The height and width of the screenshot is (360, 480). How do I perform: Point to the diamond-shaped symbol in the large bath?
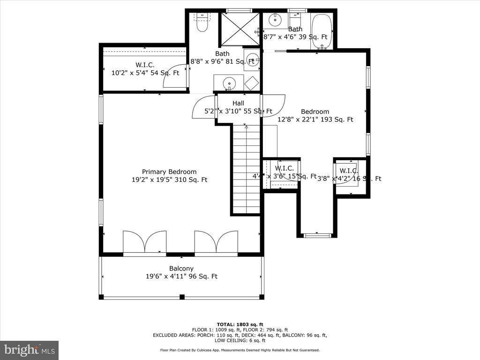(x=252, y=83)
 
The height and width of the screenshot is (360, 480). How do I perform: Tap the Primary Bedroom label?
(x=169, y=172)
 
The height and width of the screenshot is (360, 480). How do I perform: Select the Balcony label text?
(x=181, y=269)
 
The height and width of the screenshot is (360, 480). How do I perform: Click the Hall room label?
(x=238, y=103)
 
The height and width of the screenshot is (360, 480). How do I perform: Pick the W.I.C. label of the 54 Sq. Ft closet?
(x=145, y=65)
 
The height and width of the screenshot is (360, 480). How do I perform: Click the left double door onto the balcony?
(x=145, y=242)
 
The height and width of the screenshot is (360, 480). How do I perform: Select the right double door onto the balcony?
(x=216, y=242)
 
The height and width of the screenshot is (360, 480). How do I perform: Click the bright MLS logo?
(x=29, y=350)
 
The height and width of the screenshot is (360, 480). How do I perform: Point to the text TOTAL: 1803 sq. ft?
(x=240, y=324)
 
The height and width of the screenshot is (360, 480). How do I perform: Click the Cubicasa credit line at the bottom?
(x=240, y=350)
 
